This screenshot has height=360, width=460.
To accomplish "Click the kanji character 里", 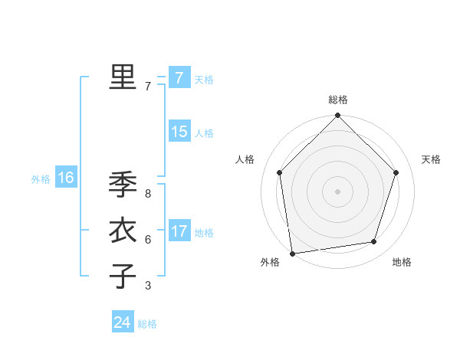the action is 123,77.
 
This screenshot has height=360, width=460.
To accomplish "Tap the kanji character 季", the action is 123,184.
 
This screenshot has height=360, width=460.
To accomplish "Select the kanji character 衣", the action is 123,230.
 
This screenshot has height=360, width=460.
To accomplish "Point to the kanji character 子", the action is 123,276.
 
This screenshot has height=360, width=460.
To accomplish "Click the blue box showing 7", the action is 179,77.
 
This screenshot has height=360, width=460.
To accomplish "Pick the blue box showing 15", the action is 179,132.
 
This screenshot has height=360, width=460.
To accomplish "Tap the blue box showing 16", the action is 66,178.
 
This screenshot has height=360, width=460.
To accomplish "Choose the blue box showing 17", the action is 179,231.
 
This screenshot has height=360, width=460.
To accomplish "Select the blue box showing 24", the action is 122,322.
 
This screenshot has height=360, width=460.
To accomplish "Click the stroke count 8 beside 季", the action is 148,194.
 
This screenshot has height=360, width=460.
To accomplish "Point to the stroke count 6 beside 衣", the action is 148,240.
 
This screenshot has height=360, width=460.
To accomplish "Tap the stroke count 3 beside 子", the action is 148,286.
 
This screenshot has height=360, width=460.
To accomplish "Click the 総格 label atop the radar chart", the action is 338,100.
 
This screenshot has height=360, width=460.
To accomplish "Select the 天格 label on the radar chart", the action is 432,159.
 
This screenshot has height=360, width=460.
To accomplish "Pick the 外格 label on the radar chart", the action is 270,262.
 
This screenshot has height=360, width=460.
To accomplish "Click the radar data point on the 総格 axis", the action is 338,116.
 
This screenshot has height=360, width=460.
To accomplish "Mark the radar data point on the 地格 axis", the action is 374,242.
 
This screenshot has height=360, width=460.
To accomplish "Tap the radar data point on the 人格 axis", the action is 280,172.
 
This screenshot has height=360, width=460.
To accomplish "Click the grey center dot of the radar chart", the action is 338,191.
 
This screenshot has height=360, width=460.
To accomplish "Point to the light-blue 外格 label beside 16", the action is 41,179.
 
